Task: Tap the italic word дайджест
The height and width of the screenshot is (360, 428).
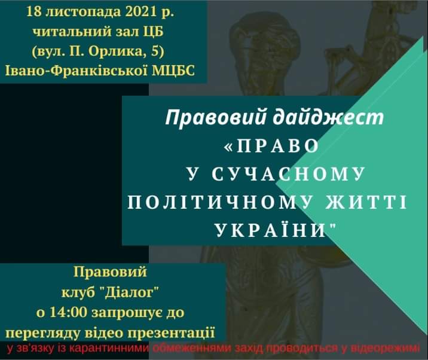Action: (328, 117)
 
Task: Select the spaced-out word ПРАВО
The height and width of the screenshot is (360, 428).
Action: (277, 146)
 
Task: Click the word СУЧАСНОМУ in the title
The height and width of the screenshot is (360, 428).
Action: (288, 174)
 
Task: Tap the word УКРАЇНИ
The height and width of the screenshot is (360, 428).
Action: (271, 230)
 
